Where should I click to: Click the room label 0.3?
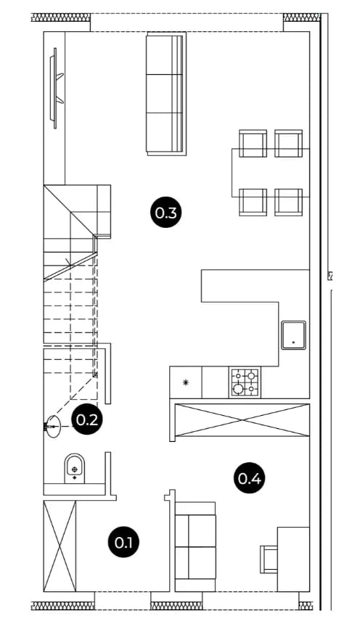point(165,213)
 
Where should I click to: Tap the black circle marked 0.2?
point(87,419)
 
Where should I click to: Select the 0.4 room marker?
point(249,478)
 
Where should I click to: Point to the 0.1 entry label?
point(123,543)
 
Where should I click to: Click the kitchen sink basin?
point(293,335)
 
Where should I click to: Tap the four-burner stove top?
point(245,382)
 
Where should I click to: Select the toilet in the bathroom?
point(75,468)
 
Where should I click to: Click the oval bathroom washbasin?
point(52,427)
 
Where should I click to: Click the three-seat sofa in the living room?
point(166,94)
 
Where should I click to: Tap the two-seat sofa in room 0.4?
point(195,546)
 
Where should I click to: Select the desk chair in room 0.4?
point(269,559)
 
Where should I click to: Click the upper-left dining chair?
point(253,143)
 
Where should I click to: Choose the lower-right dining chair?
point(288,202)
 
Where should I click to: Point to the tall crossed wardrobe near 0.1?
point(60,546)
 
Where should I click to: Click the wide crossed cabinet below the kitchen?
point(242,420)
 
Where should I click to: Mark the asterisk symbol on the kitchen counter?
point(186,382)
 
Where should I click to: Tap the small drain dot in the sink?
point(293,343)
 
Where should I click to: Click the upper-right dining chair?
point(288,143)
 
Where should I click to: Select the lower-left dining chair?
point(253,202)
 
